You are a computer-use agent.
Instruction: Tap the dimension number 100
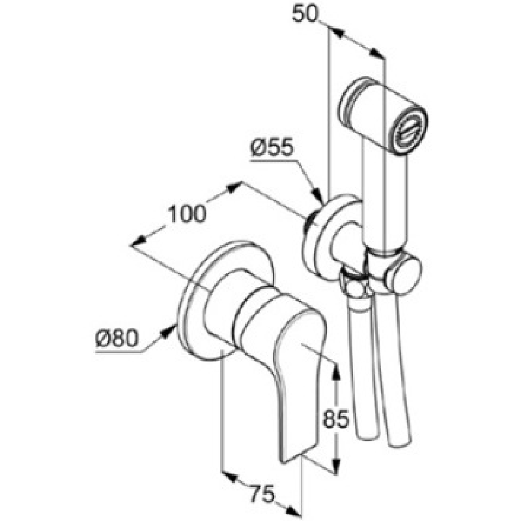tap(187, 214)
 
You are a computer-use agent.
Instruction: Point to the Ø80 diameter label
tap(117, 339)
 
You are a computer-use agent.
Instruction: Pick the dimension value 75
tap(262, 494)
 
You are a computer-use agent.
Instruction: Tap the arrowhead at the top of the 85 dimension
tap(336, 372)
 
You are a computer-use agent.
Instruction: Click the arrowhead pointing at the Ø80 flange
tap(169, 331)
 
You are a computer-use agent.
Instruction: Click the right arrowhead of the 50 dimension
tap(377, 53)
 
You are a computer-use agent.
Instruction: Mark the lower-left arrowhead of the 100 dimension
tap(139, 241)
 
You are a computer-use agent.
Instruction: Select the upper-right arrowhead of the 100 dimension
tap(233, 188)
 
